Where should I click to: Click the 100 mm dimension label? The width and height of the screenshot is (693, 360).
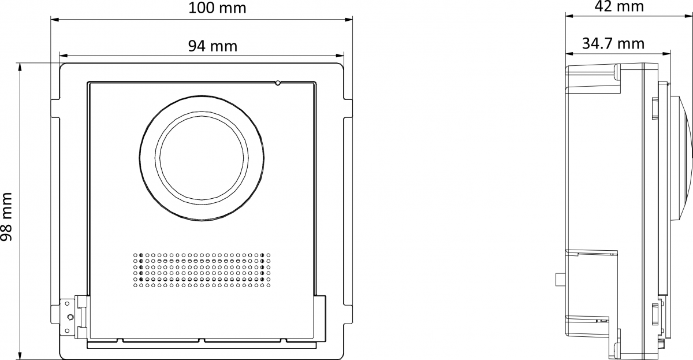pyautogui.click(x=217, y=8)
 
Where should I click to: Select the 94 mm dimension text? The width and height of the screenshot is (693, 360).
pyautogui.click(x=213, y=46)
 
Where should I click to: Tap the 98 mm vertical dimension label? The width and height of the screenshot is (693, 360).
pyautogui.click(x=6, y=217)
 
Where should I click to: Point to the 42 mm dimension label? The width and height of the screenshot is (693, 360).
pyautogui.click(x=619, y=6)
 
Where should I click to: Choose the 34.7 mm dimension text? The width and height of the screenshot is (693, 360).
pyautogui.click(x=613, y=44)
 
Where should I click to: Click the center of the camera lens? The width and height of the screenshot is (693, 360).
pyautogui.click(x=202, y=158)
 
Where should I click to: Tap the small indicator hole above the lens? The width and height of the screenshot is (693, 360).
pyautogui.click(x=278, y=83)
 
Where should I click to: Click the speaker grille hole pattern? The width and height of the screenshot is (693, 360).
pyautogui.click(x=202, y=270)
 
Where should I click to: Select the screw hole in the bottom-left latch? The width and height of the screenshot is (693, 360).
pyautogui.click(x=70, y=317)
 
